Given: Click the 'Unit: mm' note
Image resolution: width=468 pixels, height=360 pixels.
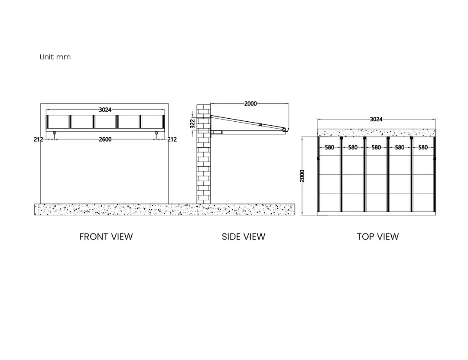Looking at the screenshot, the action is coord(55,57).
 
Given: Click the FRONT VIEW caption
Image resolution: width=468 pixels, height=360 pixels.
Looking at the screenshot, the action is coord(106,237).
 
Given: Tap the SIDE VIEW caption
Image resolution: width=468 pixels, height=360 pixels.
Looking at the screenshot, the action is coord(243,237).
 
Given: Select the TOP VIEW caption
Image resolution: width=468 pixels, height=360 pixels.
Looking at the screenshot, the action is coord(377,237).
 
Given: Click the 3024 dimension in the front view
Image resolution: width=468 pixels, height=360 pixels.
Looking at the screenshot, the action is coord(105,110).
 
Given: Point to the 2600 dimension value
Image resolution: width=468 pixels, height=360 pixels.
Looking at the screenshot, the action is coord(105,139).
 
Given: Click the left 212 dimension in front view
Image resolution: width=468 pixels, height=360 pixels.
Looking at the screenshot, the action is coord(39,139).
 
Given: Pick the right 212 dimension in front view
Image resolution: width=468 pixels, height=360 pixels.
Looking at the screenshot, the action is coord(172,139).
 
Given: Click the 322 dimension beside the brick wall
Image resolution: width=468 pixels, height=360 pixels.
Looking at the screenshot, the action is coord(192,123).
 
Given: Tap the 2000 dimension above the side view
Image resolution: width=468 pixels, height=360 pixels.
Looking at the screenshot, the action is coord(250,104).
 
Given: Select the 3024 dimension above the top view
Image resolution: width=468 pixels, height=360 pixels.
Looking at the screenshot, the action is coord(376,120).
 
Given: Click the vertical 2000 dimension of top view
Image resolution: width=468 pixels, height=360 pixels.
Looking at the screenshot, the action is coord(302,176).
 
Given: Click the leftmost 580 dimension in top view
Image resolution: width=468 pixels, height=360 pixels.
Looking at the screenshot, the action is coord(329,147).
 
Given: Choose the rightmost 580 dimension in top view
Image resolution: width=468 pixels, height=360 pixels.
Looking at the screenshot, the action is coord(423,147).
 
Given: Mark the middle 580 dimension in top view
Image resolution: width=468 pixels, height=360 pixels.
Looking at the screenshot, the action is coord(376,147).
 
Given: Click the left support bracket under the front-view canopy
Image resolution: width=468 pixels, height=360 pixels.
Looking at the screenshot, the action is coord(54,133).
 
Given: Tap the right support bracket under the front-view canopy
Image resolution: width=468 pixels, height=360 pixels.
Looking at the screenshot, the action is coord(156,133).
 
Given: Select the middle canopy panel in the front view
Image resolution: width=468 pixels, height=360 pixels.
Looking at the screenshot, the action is coord(105,122).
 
